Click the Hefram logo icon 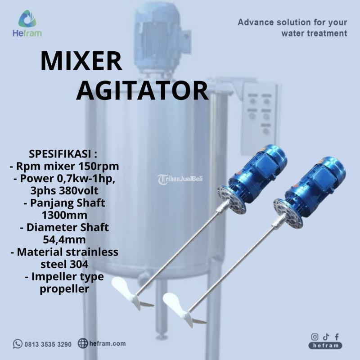(x=27, y=19)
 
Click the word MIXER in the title (x=81, y=61)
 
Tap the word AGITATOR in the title (x=142, y=91)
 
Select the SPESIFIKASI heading (x=63, y=154)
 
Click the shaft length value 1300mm (x=64, y=215)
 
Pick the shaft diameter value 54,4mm (x=64, y=239)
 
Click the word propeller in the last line (x=64, y=289)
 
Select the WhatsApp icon (x=18, y=344)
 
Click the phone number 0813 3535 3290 (x=48, y=344)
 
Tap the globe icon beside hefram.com (x=83, y=343)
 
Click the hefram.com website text (x=107, y=343)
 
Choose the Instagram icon (x=315, y=337)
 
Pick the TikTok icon (x=326, y=337)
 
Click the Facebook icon (x=337, y=337)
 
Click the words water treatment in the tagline (x=314, y=33)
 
